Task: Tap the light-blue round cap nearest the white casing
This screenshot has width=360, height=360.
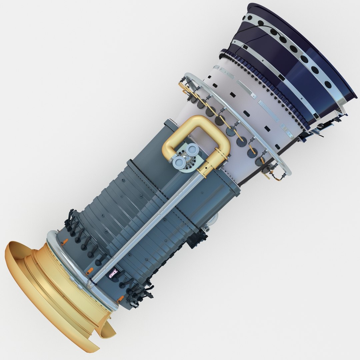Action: tap(191, 150)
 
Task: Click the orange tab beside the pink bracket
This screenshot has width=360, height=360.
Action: tap(90, 272)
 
